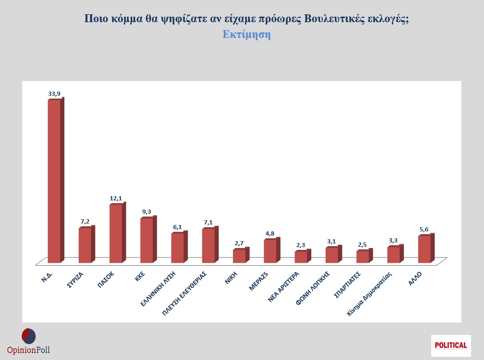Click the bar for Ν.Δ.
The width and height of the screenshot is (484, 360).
pyautogui.click(x=55, y=180)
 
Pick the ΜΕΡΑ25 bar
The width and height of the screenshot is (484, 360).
pyautogui.click(x=270, y=251)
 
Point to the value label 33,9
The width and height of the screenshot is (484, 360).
pyautogui.click(x=54, y=93)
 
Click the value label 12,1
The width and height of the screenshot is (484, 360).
pyautogui.click(x=116, y=198)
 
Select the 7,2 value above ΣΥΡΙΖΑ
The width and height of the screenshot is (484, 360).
pyautogui.click(x=85, y=222)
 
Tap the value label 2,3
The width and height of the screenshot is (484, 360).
pyautogui.click(x=301, y=245)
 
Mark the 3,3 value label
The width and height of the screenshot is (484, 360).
pyautogui.click(x=394, y=241)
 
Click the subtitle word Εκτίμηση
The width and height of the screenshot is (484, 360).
pyautogui.click(x=246, y=35)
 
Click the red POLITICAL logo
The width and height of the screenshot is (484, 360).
pyautogui.click(x=451, y=345)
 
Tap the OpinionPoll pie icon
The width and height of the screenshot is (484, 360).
pyautogui.click(x=29, y=335)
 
